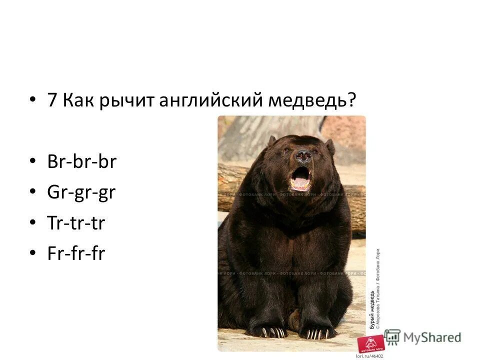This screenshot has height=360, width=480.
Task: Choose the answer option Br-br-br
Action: (81, 162)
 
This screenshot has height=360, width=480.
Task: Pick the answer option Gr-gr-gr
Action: (81, 192)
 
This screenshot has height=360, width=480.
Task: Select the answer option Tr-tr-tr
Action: (76, 223)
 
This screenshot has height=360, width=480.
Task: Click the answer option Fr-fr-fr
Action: (76, 253)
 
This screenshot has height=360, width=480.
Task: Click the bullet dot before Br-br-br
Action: (33, 162)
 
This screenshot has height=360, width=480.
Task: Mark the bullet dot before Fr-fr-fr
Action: (33, 253)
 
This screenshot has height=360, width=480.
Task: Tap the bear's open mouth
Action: (301, 178)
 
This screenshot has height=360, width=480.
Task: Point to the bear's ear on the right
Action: (330, 146)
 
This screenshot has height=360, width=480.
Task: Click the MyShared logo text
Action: (431, 337)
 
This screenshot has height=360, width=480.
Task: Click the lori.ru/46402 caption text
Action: (369, 355)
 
